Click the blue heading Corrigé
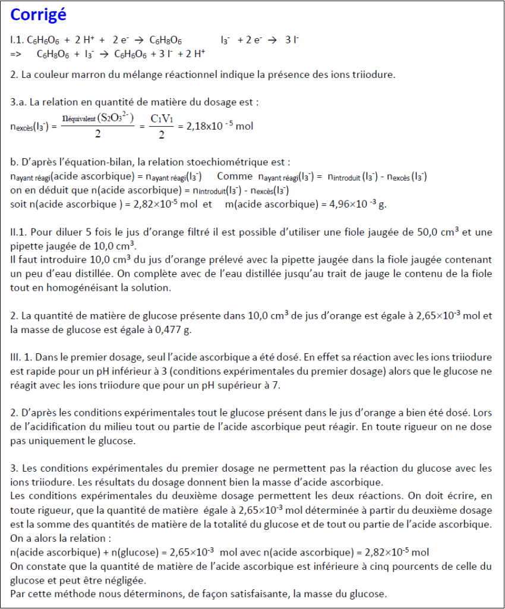pos(39,15)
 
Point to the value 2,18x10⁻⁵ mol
pos(219,126)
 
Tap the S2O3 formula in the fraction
pos(116,117)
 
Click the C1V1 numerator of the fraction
pos(162,118)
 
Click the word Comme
pos(235,177)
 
